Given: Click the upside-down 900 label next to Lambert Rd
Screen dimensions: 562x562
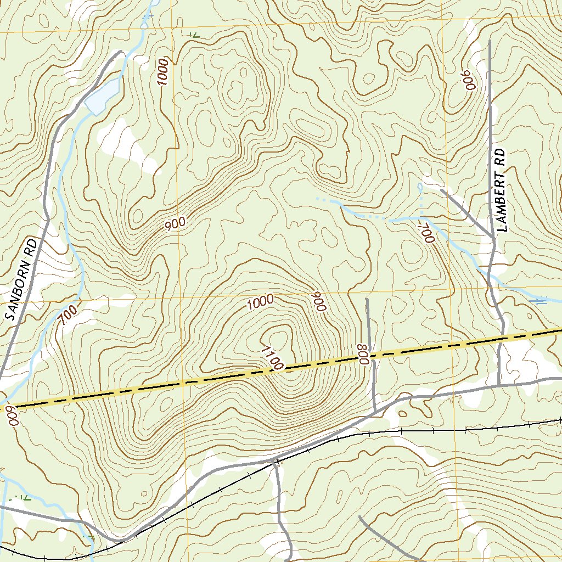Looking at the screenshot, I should pyautogui.click(x=469, y=80).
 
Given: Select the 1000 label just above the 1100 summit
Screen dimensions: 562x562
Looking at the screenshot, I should pyautogui.click(x=260, y=302).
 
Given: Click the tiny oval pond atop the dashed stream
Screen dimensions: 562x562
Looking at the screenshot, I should pyautogui.click(x=420, y=187).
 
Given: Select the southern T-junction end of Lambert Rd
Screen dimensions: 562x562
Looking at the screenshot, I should pyautogui.click(x=498, y=385).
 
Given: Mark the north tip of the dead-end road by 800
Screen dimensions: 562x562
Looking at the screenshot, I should pyautogui.click(x=367, y=300).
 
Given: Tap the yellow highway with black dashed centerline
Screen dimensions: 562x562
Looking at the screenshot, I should pyautogui.click(x=165, y=384).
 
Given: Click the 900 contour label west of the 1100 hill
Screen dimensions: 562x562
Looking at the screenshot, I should pyautogui.click(x=175, y=223).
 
